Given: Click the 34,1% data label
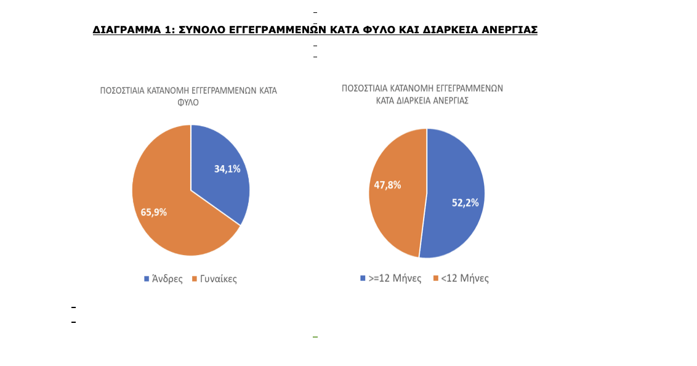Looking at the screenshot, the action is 227,169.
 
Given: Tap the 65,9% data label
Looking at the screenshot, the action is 154,213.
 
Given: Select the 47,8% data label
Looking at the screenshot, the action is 387,185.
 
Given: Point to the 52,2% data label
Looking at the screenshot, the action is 465,203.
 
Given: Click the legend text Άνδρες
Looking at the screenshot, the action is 167,279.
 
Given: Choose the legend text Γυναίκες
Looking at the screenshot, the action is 218,279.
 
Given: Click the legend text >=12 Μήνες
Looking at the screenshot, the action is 395,279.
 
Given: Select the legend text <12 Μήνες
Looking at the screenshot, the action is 464,279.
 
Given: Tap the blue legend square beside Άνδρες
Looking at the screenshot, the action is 147,279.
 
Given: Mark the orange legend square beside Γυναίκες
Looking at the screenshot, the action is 194,279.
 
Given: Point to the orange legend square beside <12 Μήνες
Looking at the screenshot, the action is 436,279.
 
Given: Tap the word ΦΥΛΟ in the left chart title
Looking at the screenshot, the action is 188,103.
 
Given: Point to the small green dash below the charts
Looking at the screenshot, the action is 315,337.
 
